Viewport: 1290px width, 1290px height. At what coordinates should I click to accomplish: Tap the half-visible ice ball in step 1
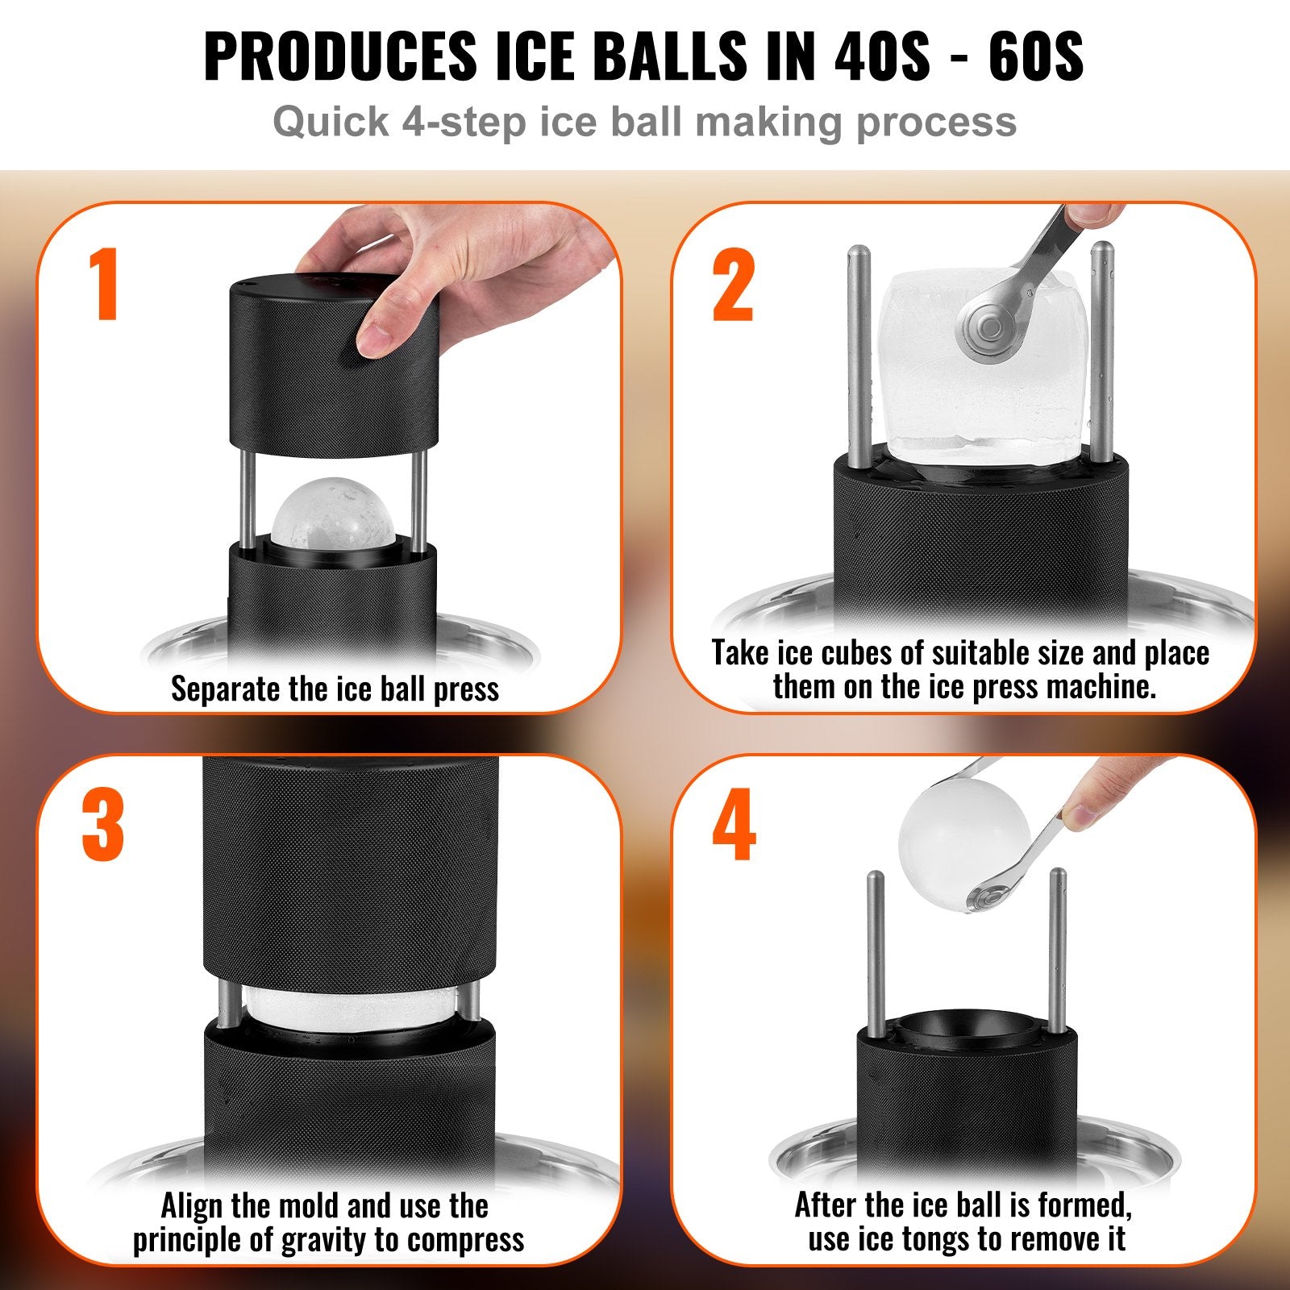[333, 511]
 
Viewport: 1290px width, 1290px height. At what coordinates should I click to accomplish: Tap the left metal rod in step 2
[859, 355]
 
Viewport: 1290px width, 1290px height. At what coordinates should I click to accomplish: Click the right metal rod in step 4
[1058, 951]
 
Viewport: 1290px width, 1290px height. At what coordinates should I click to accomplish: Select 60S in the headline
[1036, 56]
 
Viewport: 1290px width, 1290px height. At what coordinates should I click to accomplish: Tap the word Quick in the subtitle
[331, 123]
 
